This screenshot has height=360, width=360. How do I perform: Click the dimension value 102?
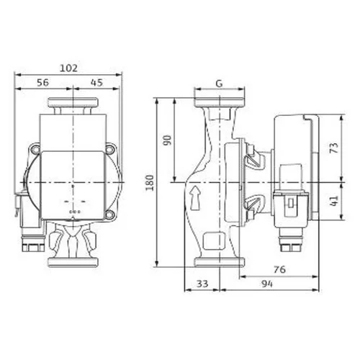coord(68,68)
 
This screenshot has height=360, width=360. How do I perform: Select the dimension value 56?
coord(42,82)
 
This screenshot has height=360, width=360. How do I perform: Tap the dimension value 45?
coord(96,82)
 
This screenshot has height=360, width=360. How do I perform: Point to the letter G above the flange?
coord(219,84)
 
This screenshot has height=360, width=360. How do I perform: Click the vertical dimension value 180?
coord(150,183)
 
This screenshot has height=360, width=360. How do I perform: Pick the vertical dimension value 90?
coord(168,140)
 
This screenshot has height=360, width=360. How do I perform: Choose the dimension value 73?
coord(334,148)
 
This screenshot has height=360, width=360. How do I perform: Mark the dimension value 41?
coord(334,200)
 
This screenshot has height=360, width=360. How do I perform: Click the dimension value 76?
coord(279,269)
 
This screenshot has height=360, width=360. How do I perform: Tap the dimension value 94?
coord(267,284)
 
